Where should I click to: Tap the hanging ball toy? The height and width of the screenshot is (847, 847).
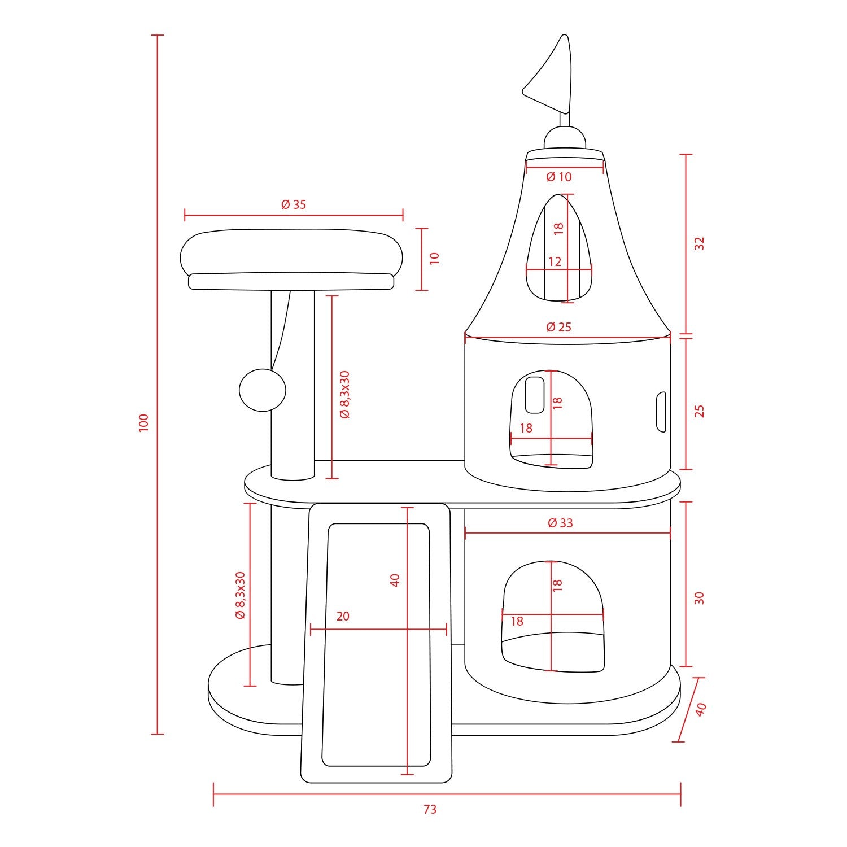tap(263, 390)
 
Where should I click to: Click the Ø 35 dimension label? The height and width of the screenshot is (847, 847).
tap(294, 204)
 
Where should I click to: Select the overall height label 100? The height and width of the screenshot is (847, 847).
tap(143, 423)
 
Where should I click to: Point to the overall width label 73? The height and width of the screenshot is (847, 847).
tap(430, 809)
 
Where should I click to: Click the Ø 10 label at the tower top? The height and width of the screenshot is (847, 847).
tap(559, 177)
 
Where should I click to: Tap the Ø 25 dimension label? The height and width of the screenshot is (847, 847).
tap(559, 326)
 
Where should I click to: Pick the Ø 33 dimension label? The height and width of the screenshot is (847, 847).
tap(560, 523)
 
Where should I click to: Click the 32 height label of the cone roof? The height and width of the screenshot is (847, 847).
tap(700, 243)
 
